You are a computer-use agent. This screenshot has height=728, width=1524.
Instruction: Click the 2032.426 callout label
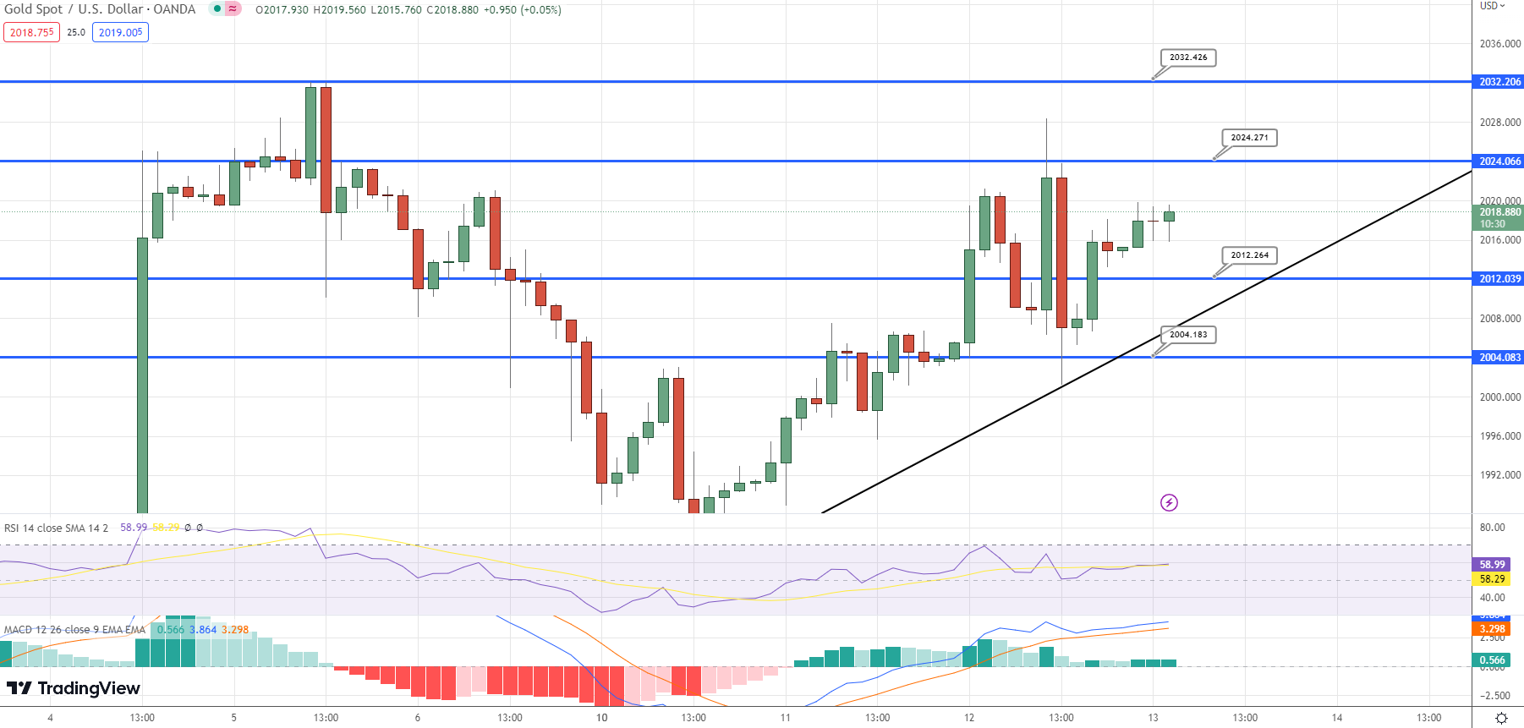point(1188,57)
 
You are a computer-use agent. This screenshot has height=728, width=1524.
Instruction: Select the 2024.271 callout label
point(1249,138)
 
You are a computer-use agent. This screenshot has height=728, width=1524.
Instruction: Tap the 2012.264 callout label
point(1249,255)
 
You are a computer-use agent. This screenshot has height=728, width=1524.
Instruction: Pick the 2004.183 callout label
point(1188,335)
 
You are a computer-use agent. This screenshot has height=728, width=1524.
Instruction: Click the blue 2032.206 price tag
point(1499,82)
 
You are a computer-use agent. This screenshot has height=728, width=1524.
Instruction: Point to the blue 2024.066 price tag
point(1499,161)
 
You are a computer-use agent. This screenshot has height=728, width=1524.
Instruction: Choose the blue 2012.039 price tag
point(1499,279)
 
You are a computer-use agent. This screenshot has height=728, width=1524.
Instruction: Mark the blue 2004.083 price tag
point(1499,358)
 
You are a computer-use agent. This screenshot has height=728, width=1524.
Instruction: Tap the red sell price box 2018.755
point(32,33)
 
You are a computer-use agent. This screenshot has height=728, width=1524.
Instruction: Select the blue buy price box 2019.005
point(120,33)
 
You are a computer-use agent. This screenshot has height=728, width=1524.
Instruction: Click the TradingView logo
point(74,688)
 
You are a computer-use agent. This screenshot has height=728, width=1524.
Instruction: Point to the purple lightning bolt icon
point(1169,503)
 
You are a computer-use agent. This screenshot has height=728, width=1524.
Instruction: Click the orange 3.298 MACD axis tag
point(1492,629)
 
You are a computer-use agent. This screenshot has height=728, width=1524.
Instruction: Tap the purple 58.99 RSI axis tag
point(1492,565)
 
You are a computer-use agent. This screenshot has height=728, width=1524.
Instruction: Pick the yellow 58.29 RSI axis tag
point(1492,579)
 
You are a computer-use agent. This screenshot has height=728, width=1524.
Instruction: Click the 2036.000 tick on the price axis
point(1499,44)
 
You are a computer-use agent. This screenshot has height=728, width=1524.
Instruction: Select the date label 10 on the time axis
point(601,718)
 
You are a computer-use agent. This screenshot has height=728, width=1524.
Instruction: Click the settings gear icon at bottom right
point(1501,718)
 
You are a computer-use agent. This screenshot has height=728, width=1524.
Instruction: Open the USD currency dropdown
point(1493,6)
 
